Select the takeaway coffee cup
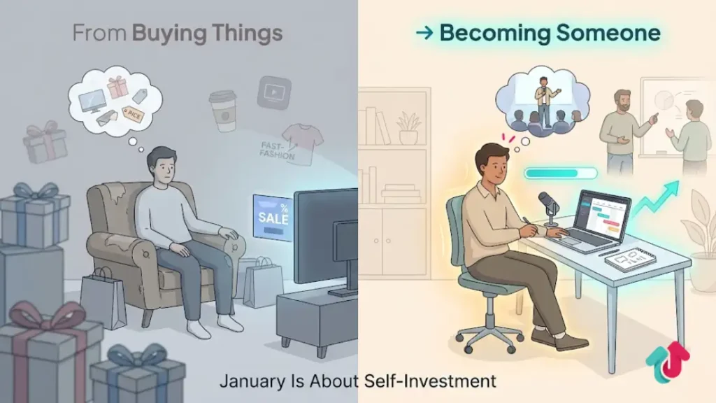(222, 110)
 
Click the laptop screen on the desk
(600, 213)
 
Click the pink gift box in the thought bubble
(117, 87)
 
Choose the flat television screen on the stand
(324, 235)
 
